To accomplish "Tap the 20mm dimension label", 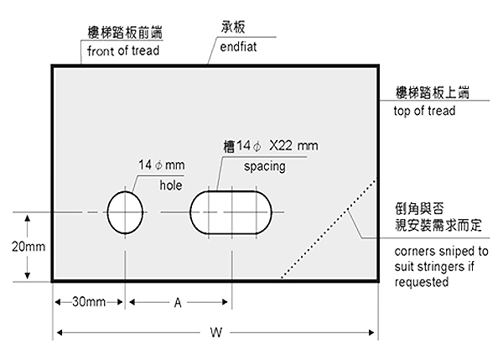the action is pyautogui.click(x=29, y=247).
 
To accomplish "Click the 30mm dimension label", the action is pyautogui.click(x=89, y=302).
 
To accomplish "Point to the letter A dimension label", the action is pyautogui.click(x=178, y=302).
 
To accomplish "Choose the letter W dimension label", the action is pyautogui.click(x=216, y=332).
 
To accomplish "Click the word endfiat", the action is pyautogui.click(x=238, y=47).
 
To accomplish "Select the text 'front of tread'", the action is pyautogui.click(x=123, y=50).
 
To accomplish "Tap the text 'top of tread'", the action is pyautogui.click(x=424, y=111).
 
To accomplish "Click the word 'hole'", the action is pyautogui.click(x=171, y=185).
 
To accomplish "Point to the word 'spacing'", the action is pyautogui.click(x=265, y=167).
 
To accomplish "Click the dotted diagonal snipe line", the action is pyautogui.click(x=329, y=228).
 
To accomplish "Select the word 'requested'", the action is pyautogui.click(x=422, y=282).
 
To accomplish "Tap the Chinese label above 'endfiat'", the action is pyautogui.click(x=233, y=27).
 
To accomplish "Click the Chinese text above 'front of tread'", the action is pyautogui.click(x=125, y=32).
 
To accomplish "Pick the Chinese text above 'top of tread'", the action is pyautogui.click(x=432, y=92).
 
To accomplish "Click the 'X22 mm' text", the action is pyautogui.click(x=294, y=146).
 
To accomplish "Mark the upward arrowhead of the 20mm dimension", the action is pyautogui.click(x=28, y=219).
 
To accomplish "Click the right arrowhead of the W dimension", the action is pyautogui.click(x=371, y=332).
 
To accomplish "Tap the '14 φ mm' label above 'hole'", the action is pyautogui.click(x=161, y=165).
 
